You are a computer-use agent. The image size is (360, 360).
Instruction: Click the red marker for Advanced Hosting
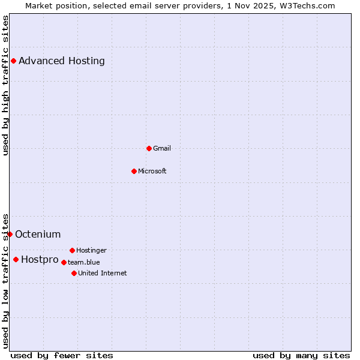coord(13,61)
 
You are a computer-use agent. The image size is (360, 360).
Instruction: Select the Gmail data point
coord(149,148)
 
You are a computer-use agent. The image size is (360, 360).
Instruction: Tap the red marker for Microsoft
coord(134,171)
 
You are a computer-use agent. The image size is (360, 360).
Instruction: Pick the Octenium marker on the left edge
coord(10,234)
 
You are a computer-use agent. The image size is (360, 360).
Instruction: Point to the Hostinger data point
coord(72,250)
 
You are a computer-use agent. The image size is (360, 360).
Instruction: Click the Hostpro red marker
coord(16,259)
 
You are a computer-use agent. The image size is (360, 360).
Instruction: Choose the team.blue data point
coord(64,262)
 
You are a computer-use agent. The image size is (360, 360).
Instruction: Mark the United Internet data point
coord(74,273)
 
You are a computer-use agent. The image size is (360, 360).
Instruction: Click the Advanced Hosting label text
coord(61,61)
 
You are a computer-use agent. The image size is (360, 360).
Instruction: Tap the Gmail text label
coord(161,148)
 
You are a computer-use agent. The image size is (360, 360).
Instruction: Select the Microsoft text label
coord(152,171)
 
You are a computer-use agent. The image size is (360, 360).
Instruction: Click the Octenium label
coord(38,234)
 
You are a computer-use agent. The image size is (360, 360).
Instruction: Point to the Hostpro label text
coord(40,259)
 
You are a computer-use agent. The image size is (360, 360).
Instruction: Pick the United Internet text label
coord(102,273)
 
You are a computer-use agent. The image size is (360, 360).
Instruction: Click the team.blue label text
coord(83,262)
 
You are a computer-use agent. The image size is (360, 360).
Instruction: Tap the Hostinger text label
coord(91,250)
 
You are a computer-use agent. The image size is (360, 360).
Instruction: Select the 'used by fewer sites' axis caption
coord(62,355)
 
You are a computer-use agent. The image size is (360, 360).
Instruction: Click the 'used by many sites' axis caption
coord(301,355)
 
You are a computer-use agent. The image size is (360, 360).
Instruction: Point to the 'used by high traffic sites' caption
coord(5,85)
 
